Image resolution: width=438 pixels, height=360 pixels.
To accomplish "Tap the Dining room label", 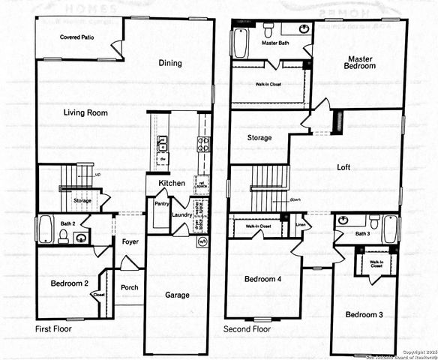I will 170,63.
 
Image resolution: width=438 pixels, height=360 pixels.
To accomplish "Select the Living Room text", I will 85,113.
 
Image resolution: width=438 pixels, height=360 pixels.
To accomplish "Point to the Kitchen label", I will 171,183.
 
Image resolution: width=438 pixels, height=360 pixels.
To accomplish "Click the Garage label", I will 177,295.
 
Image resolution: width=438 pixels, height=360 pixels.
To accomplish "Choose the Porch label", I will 129,287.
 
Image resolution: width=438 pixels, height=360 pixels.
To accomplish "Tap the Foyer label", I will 129,242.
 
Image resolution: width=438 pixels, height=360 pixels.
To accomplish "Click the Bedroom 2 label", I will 70,283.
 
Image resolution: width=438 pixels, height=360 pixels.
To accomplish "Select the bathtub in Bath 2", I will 44,229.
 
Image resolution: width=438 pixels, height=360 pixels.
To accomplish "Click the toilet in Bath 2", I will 63,237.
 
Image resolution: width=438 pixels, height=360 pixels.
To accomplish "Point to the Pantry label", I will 161,203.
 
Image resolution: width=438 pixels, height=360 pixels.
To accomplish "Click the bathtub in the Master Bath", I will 241,43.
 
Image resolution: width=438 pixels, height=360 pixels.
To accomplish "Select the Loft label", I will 344,168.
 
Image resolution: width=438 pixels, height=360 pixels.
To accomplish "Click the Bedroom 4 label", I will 262,279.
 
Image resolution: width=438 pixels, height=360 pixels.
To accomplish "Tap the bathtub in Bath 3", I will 390,229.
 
